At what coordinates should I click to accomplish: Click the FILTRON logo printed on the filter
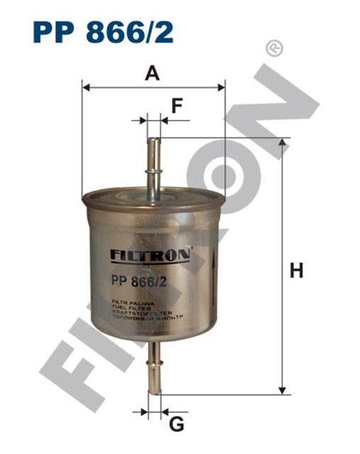tap(148, 254)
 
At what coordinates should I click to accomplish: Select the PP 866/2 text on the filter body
tap(140, 282)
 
